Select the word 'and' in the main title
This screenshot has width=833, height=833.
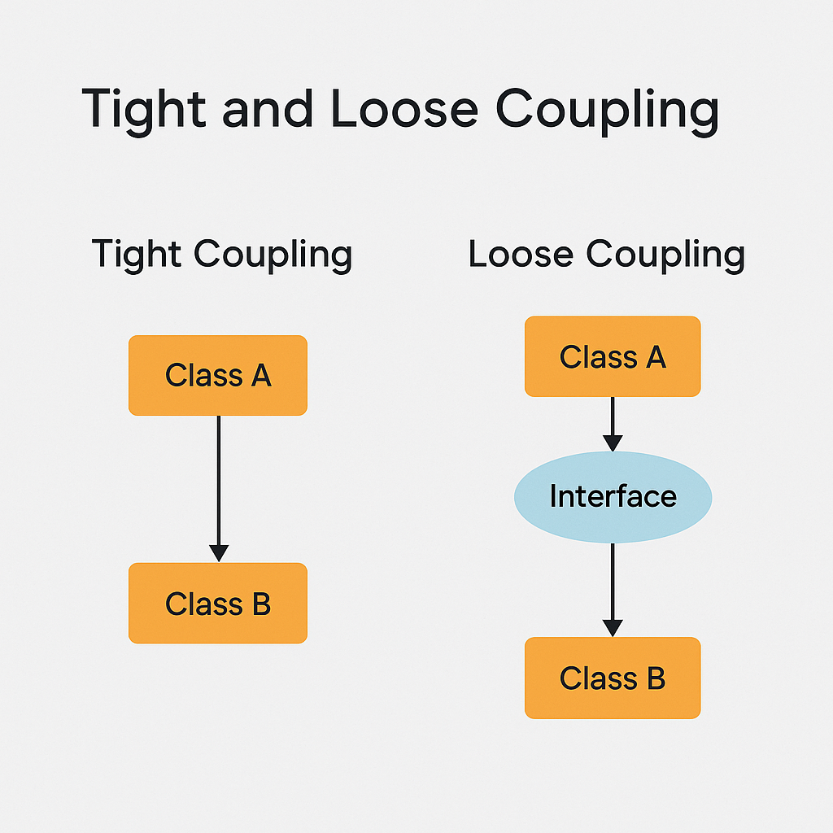[268, 108]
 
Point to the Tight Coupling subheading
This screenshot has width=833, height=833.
[221, 255]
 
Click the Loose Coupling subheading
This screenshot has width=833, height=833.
[606, 255]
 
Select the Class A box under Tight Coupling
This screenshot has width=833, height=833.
[218, 376]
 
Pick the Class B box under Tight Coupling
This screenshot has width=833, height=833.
[218, 604]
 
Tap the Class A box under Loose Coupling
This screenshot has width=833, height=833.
[613, 356]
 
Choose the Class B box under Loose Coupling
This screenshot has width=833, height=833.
[613, 678]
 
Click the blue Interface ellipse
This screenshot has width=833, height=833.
[613, 496]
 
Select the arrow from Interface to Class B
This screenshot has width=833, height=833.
[613, 586]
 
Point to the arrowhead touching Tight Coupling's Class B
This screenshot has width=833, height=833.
[218, 553]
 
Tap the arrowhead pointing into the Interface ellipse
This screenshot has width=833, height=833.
[613, 443]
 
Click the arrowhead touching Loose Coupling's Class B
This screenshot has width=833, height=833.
[613, 628]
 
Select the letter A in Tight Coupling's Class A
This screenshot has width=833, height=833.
[260, 376]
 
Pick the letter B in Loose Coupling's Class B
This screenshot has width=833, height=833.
[655, 678]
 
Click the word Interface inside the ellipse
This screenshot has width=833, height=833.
[613, 496]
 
